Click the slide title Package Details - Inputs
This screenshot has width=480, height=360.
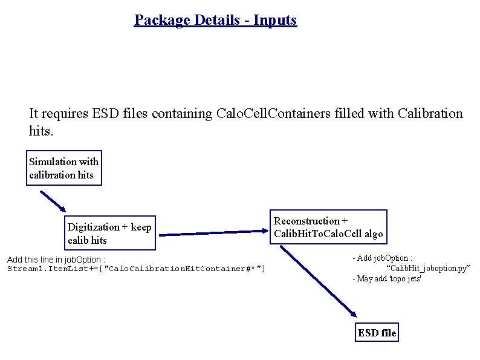click(x=215, y=20)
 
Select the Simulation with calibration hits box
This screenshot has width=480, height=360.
click(x=64, y=168)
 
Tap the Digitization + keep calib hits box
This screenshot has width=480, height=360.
click(x=109, y=234)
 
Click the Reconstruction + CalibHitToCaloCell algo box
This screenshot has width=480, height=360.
click(x=328, y=227)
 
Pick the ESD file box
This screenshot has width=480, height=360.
click(x=377, y=333)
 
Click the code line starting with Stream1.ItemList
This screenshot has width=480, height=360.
click(x=136, y=269)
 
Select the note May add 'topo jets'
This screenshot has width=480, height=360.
click(x=387, y=278)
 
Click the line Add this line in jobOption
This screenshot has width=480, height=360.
click(x=56, y=260)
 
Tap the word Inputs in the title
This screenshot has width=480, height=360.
click(x=275, y=20)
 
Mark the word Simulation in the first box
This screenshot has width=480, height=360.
click(x=51, y=162)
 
